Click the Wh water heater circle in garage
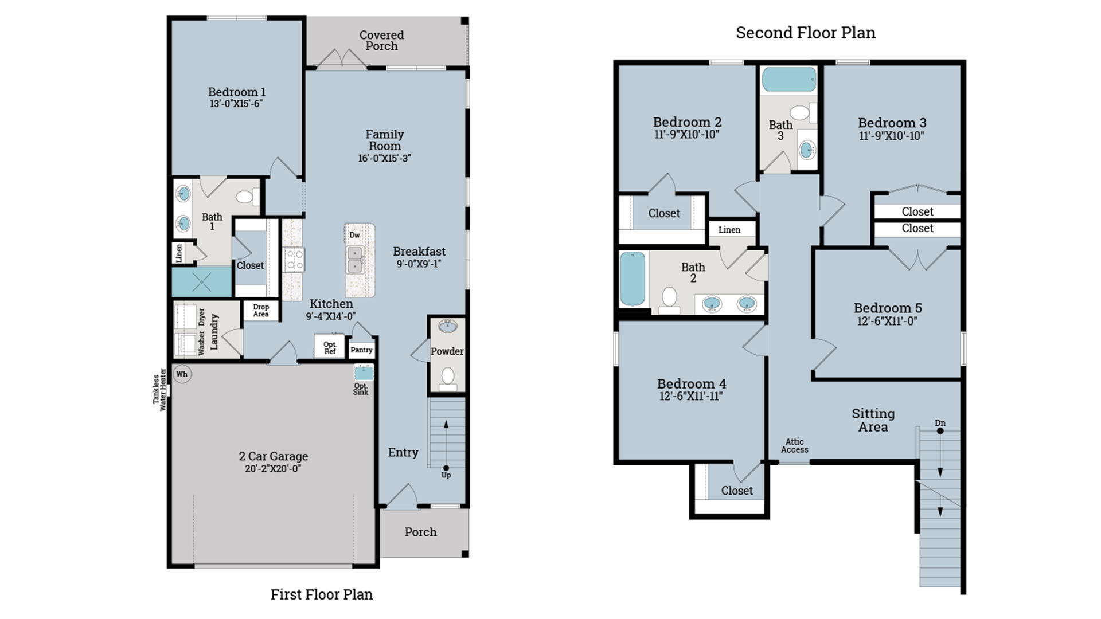pos(182,374)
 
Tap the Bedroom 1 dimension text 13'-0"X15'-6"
pos(236,104)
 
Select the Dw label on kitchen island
pos(354,235)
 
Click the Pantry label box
pos(361,350)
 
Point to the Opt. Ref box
pos(330,347)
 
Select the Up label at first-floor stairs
pos(446,475)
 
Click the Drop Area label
pos(261,310)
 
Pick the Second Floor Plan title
pos(805,33)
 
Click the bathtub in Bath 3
pos(788,80)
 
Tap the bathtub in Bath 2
pos(633,279)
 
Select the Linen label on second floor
pos(729,230)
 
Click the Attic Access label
pos(794,445)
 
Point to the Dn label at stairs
pos(940,423)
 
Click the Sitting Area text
pos(873,420)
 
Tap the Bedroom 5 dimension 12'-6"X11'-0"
pos(887,322)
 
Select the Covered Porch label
pos(381,40)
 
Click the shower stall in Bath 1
pos(202,281)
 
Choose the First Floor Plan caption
pos(321,594)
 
